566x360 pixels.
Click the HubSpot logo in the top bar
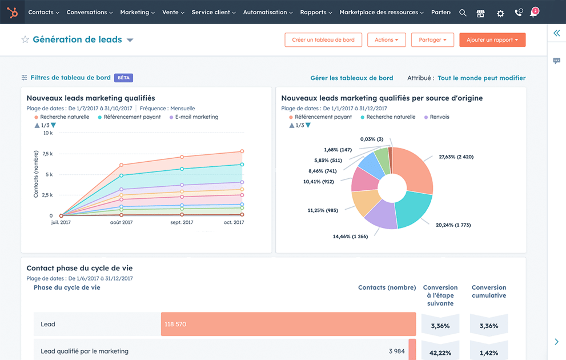(x=12, y=12)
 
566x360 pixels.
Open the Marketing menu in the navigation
(x=137, y=12)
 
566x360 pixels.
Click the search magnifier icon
(x=463, y=13)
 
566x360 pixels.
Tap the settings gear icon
(x=500, y=13)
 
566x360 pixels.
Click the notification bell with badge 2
(x=533, y=13)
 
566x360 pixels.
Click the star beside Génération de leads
(x=25, y=40)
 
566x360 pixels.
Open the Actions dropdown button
(x=387, y=40)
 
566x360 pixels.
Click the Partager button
(x=432, y=40)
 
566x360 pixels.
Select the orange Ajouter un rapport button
(x=492, y=40)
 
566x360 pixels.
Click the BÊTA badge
(x=123, y=78)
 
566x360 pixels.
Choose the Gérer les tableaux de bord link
(x=351, y=78)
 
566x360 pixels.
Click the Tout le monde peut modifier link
(x=481, y=78)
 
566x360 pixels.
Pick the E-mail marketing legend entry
(x=196, y=117)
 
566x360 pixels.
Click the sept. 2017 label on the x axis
(x=182, y=222)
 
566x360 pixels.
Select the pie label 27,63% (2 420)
(x=456, y=157)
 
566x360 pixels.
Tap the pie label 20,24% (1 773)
(x=453, y=225)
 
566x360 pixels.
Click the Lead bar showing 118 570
(x=288, y=324)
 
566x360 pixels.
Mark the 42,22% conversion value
(x=440, y=352)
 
